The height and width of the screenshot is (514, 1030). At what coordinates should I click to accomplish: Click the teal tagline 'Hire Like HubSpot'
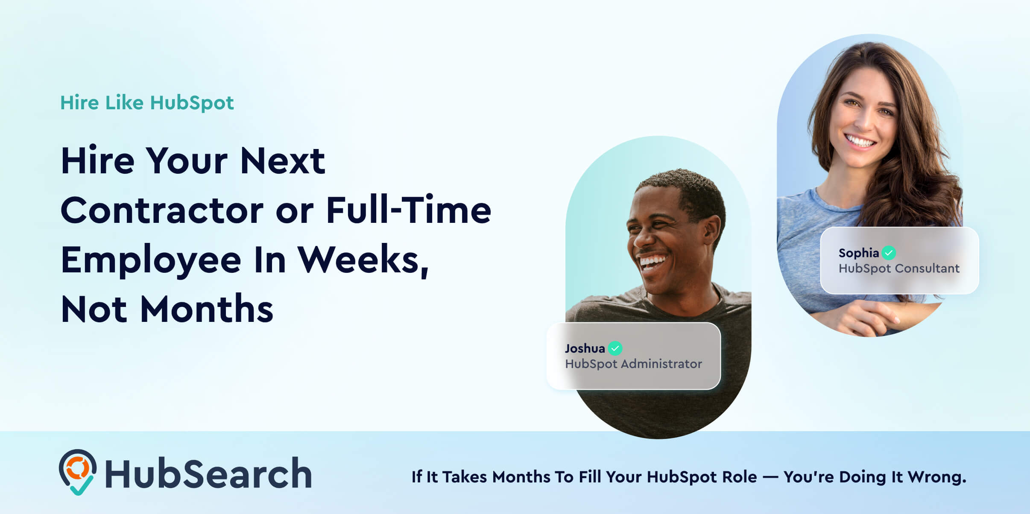point(147,103)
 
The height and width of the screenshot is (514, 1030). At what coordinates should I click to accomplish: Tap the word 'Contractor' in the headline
point(162,210)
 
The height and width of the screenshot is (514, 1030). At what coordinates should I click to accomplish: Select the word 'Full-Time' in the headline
point(409,209)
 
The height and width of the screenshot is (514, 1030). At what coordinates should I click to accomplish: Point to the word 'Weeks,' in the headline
point(363,260)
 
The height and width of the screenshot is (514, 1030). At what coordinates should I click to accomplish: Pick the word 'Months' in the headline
point(207,309)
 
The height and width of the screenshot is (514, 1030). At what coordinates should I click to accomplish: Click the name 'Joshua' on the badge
point(585,349)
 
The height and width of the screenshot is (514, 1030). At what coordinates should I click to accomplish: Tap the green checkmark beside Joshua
point(615,348)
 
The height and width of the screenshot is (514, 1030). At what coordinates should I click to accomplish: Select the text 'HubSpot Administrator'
point(633,364)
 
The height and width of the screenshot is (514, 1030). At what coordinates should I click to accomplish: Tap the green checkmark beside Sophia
point(889,253)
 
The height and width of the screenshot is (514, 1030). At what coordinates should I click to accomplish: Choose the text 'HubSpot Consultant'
point(899,269)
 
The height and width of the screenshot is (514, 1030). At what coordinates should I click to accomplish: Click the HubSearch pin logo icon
point(78,472)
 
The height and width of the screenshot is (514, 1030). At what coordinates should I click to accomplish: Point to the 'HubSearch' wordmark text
point(208,473)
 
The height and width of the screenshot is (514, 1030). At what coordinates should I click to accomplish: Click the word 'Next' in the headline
point(282,161)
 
